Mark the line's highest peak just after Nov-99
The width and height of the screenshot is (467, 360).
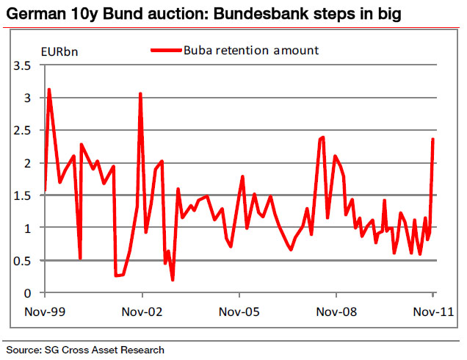[x=49, y=90]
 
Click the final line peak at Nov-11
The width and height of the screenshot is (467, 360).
[x=433, y=139]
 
